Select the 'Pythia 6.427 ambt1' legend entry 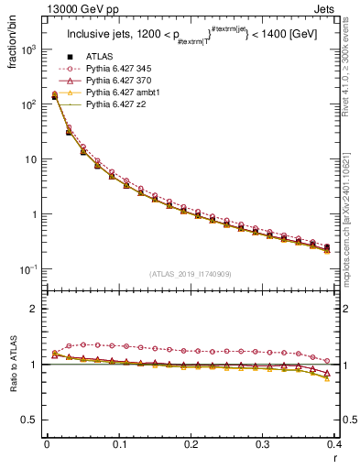click(x=125, y=93)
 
